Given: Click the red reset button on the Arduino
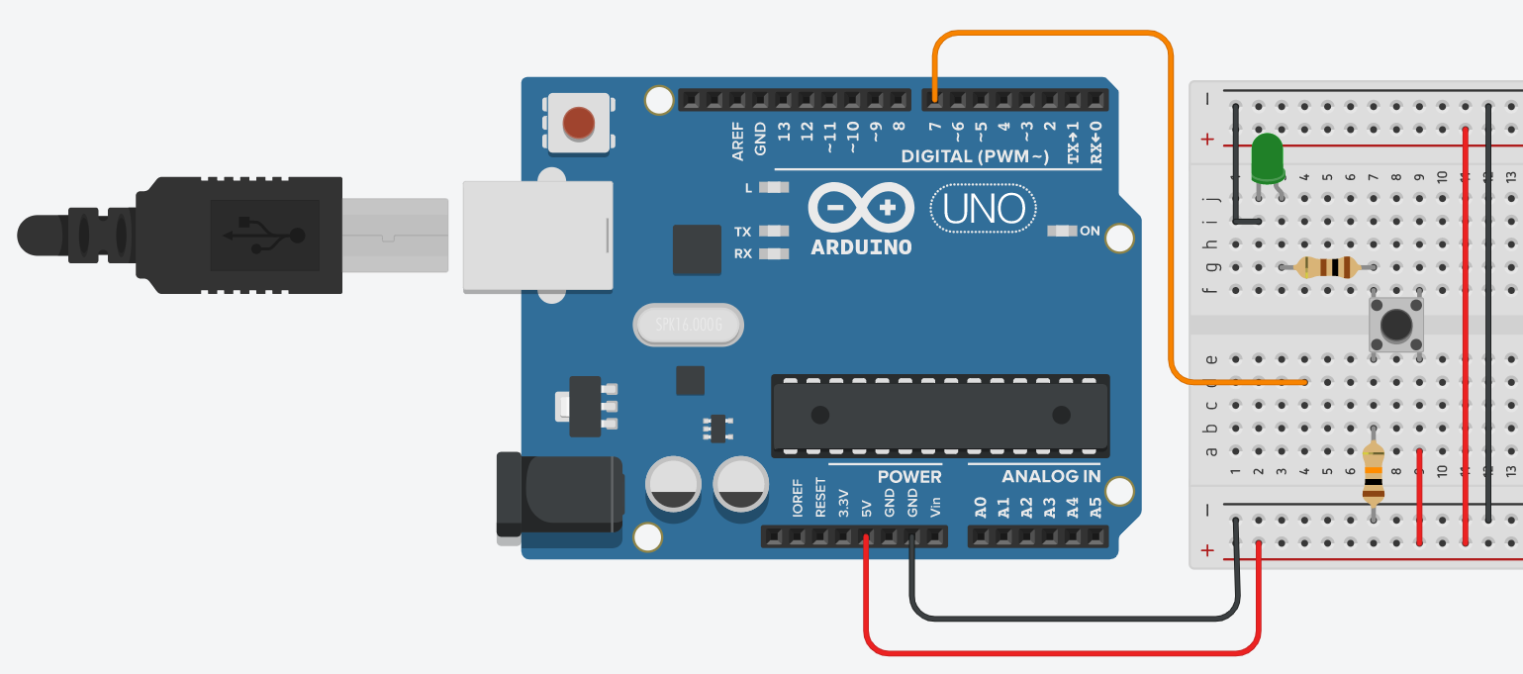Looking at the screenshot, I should [579, 123].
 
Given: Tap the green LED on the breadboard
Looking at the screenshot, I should [1266, 158].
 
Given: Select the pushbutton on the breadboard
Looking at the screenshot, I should [1395, 324].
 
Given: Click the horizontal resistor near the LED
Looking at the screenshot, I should [1327, 266].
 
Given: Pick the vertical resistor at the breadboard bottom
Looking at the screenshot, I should [1373, 475].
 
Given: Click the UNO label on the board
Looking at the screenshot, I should [984, 209].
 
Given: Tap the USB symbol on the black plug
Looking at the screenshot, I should [264, 235].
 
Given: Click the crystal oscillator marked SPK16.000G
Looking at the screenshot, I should [686, 325].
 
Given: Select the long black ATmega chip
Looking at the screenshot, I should [940, 414].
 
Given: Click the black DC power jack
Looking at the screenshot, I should [559, 495].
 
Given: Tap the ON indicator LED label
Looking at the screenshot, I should [1090, 232].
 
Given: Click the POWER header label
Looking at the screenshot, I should [908, 477].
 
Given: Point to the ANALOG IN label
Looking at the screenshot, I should [1051, 477].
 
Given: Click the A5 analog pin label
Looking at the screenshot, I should [1095, 508].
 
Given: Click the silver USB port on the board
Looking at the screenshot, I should [537, 236].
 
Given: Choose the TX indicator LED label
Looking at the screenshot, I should [742, 232].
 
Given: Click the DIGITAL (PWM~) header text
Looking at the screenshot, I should [974, 157].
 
